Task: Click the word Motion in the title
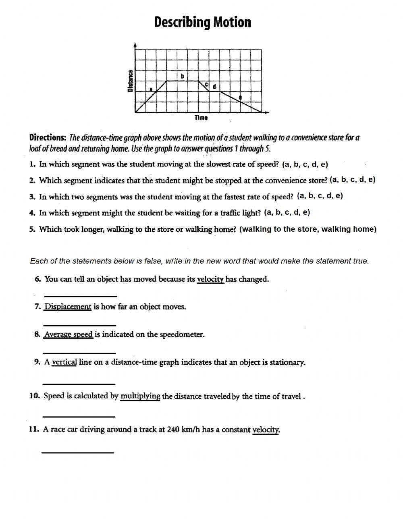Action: pos(232,22)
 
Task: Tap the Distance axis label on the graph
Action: pos(130,81)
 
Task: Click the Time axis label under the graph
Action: pos(201,118)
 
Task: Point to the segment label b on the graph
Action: pos(182,76)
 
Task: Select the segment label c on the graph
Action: pos(206,85)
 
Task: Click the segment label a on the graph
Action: pos(151,89)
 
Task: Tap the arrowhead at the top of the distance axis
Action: pos(135,44)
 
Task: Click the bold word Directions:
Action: pos(48,137)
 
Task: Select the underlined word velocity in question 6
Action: pos(210,279)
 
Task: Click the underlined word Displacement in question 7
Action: pos(68,307)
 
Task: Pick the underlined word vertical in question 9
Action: pos(64,362)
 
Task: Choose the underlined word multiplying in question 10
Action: pos(140,396)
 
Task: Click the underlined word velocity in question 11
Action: pos(266,430)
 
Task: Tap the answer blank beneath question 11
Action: pos(78,453)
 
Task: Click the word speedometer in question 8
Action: pos(182,334)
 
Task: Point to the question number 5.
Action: pos(32,229)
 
